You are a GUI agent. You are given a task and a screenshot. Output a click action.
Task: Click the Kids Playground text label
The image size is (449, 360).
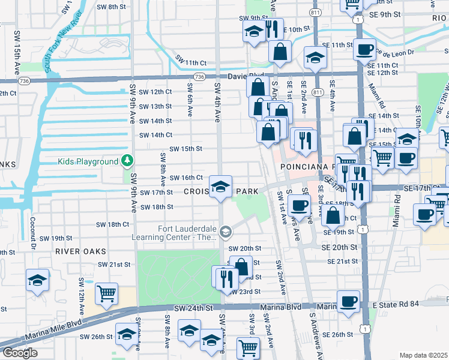pyautogui.click(x=88, y=161)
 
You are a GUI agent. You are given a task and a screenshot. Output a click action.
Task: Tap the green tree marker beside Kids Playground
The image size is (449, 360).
pyautogui.click(x=127, y=161)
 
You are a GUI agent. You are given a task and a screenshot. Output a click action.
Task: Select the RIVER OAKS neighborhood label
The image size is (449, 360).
pyautogui.click(x=80, y=251)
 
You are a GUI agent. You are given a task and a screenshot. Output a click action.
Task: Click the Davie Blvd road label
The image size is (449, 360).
pyautogui.click(x=246, y=76)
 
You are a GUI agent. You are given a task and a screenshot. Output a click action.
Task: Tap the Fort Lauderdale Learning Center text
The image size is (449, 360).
pyautogui.click(x=187, y=232)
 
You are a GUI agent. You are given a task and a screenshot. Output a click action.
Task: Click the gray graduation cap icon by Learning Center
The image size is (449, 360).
pyautogui.click(x=226, y=232)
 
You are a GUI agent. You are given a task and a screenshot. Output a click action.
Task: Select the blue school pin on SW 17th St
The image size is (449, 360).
pyautogui.click(x=220, y=186)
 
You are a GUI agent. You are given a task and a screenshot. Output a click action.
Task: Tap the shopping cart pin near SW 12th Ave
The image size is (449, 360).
pyautogui.click(x=106, y=293)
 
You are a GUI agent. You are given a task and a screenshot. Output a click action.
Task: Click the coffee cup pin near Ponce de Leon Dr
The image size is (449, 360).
pyautogui.click(x=364, y=49)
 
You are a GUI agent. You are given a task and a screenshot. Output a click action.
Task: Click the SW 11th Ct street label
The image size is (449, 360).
pyautogui.click(x=191, y=62)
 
